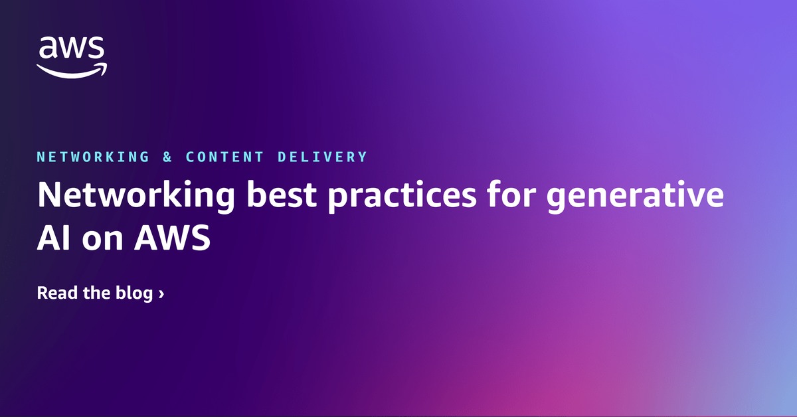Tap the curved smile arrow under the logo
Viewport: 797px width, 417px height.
coord(71,70)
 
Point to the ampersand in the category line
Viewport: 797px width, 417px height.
coord(167,157)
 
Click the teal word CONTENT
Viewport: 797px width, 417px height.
coord(224,157)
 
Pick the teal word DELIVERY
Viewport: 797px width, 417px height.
coord(323,157)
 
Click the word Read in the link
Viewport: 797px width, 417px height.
coord(56,293)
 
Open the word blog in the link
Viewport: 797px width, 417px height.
coord(135,293)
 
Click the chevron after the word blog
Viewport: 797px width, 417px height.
coord(161,293)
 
